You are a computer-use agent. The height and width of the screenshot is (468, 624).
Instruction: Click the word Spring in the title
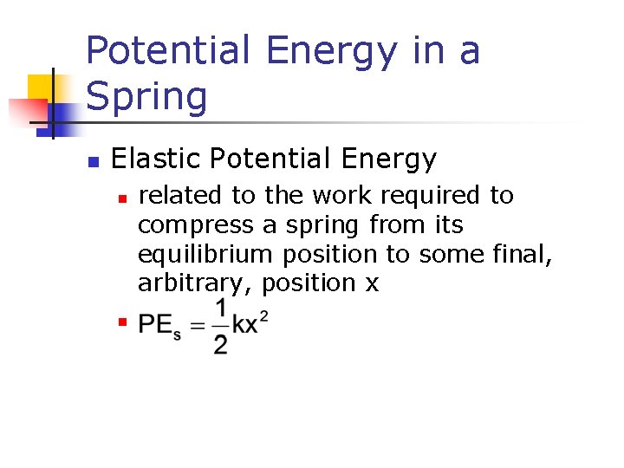[146, 97]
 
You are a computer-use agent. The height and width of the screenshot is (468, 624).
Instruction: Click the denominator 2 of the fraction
[221, 344]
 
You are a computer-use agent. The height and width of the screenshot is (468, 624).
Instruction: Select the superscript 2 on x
[263, 317]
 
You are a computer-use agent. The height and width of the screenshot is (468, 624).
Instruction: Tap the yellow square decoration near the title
[41, 88]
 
